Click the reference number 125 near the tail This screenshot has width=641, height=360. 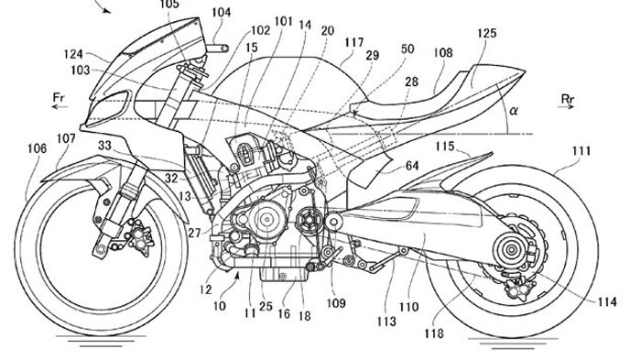[x=486, y=33]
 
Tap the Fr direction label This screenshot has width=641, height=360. [x=60, y=97]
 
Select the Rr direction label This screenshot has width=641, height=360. [x=568, y=99]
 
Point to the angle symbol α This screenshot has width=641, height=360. [x=514, y=111]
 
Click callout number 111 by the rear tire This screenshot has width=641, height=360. [x=581, y=151]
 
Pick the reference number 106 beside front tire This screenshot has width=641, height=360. [x=38, y=148]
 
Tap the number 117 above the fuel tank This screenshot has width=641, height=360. [x=354, y=42]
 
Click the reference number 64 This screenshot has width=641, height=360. [x=412, y=166]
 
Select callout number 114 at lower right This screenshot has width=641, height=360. [x=607, y=301]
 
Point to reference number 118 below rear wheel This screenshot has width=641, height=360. [x=434, y=333]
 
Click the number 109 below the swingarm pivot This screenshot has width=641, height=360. [x=336, y=303]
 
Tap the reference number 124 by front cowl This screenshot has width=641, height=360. [x=73, y=54]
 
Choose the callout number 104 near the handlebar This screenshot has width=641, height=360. [x=222, y=12]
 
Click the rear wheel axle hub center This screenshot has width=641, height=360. [x=511, y=249]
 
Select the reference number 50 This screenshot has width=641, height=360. [x=407, y=49]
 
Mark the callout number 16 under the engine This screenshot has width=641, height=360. [x=284, y=314]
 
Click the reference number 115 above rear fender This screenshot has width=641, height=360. [x=444, y=146]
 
